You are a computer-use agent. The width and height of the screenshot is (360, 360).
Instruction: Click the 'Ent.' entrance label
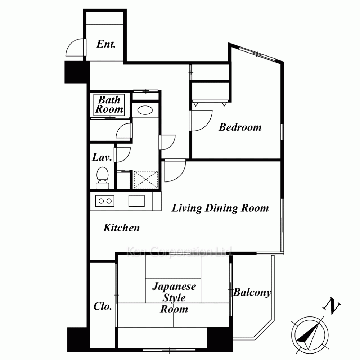point(106,44)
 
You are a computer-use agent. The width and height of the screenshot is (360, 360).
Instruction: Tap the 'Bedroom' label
point(240,127)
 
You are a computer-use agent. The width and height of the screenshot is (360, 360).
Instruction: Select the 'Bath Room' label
point(109,104)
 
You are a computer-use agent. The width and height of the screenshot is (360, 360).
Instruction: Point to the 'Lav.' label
point(102,157)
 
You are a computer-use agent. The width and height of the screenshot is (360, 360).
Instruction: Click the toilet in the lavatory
point(102,178)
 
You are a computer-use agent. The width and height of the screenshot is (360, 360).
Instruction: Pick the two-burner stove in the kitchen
point(105,201)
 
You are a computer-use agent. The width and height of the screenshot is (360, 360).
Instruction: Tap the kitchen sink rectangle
point(136,201)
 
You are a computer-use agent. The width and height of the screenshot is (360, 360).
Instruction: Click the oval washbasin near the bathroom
point(145,111)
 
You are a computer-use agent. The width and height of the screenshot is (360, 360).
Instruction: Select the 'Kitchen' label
point(121,228)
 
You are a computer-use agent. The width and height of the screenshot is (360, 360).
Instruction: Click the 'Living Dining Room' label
point(220,208)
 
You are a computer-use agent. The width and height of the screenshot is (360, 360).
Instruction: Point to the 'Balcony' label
point(252,293)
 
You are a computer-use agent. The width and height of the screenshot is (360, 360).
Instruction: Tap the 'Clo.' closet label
point(103,306)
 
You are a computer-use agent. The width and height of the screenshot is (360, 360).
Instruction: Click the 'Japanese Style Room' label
point(174,298)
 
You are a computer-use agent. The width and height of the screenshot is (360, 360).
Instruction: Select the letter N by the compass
point(332,306)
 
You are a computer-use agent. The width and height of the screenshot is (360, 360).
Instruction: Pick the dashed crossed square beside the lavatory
point(145,180)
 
